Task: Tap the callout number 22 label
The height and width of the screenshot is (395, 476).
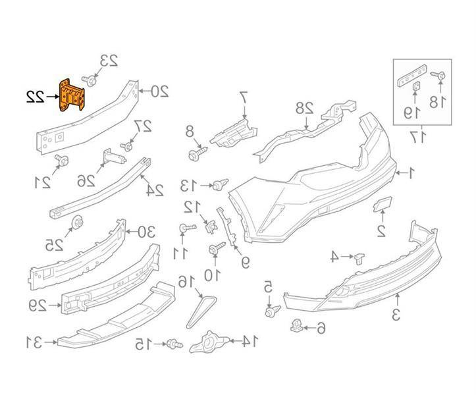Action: pyautogui.click(x=36, y=97)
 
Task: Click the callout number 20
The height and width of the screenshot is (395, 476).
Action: pyautogui.click(x=160, y=91)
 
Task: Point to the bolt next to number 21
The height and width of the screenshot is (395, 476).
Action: pyautogui.click(x=62, y=159)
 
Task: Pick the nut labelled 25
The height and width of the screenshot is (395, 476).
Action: pyautogui.click(x=77, y=223)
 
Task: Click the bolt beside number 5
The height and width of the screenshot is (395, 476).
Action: pyautogui.click(x=270, y=311)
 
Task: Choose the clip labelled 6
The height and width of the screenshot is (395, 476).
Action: pyautogui.click(x=296, y=326)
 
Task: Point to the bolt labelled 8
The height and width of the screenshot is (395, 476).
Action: pyautogui.click(x=195, y=155)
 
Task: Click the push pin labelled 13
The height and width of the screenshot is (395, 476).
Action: pyautogui.click(x=217, y=187)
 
